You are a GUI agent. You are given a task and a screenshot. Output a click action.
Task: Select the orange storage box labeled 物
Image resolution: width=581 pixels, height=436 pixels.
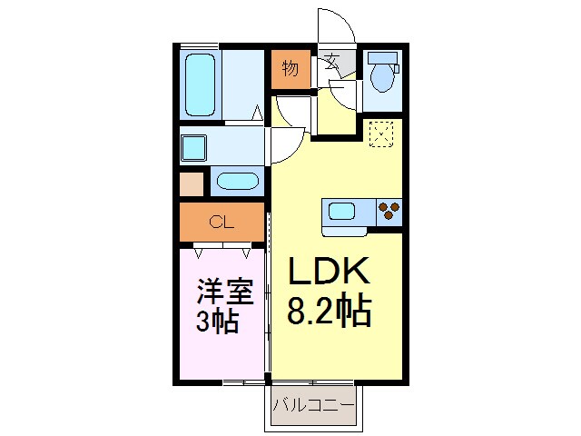point(290,69)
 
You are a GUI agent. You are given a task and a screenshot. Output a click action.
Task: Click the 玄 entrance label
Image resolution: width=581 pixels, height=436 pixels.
point(331,64)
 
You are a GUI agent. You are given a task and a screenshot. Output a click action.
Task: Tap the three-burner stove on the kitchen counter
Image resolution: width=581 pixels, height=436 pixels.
point(389,212)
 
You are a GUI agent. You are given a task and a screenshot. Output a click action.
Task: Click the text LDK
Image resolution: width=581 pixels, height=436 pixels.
point(329,272)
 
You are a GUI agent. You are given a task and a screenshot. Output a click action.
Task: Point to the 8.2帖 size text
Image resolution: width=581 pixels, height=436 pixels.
point(329,312)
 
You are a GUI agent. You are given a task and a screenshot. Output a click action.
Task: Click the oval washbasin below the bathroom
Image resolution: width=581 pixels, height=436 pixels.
point(238,180)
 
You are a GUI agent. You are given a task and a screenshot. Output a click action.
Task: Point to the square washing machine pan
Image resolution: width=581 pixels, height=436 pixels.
point(195,147)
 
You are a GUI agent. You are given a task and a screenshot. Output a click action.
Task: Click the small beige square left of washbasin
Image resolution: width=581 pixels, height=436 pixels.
point(192,183)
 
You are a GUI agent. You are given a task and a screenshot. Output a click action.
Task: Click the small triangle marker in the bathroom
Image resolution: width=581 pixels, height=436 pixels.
point(258,114)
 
